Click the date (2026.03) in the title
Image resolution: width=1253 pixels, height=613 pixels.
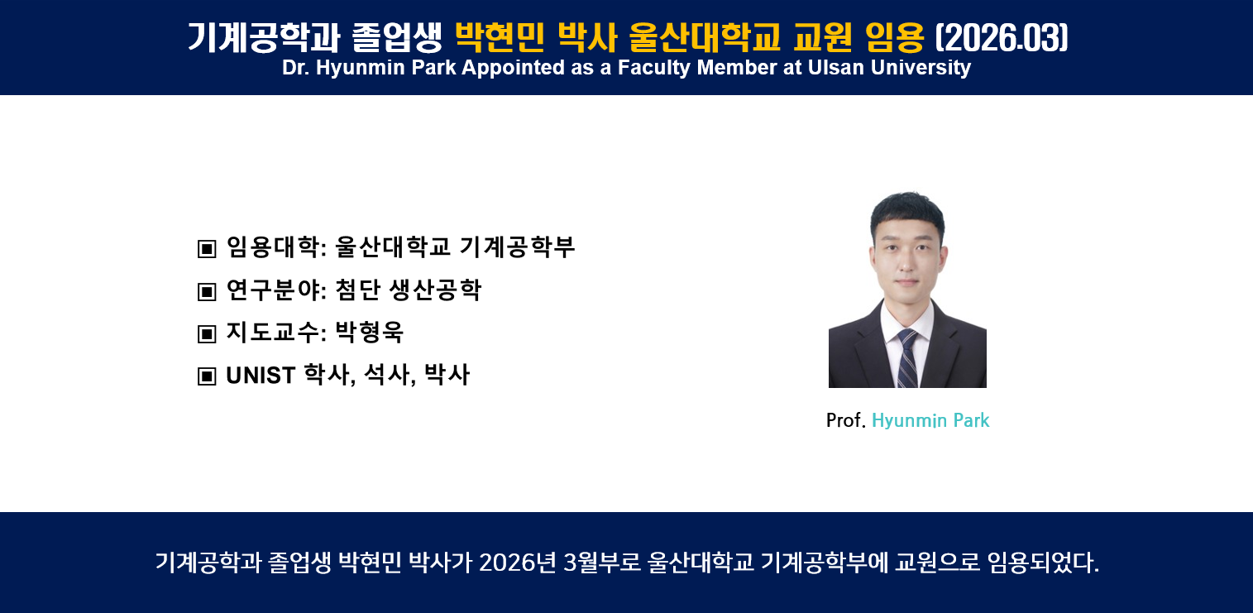click(1002, 37)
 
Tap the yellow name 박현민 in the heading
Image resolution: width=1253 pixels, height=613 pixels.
click(500, 37)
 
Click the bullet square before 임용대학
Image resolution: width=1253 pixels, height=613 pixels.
click(207, 249)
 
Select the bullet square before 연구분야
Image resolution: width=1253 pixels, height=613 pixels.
click(207, 291)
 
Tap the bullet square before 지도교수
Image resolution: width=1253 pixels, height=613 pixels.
click(207, 334)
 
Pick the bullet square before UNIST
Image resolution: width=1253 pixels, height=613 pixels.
click(207, 376)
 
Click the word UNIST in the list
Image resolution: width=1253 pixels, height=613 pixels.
click(261, 376)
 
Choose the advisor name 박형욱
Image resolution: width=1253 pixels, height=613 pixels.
click(369, 333)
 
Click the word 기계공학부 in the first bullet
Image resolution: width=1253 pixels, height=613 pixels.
click(518, 247)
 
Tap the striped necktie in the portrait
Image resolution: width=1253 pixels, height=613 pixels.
click(907, 358)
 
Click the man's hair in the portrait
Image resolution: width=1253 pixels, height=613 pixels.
click(907, 211)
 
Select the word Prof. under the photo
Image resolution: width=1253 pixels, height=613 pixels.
click(846, 420)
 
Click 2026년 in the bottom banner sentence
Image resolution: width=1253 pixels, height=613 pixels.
click(518, 563)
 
